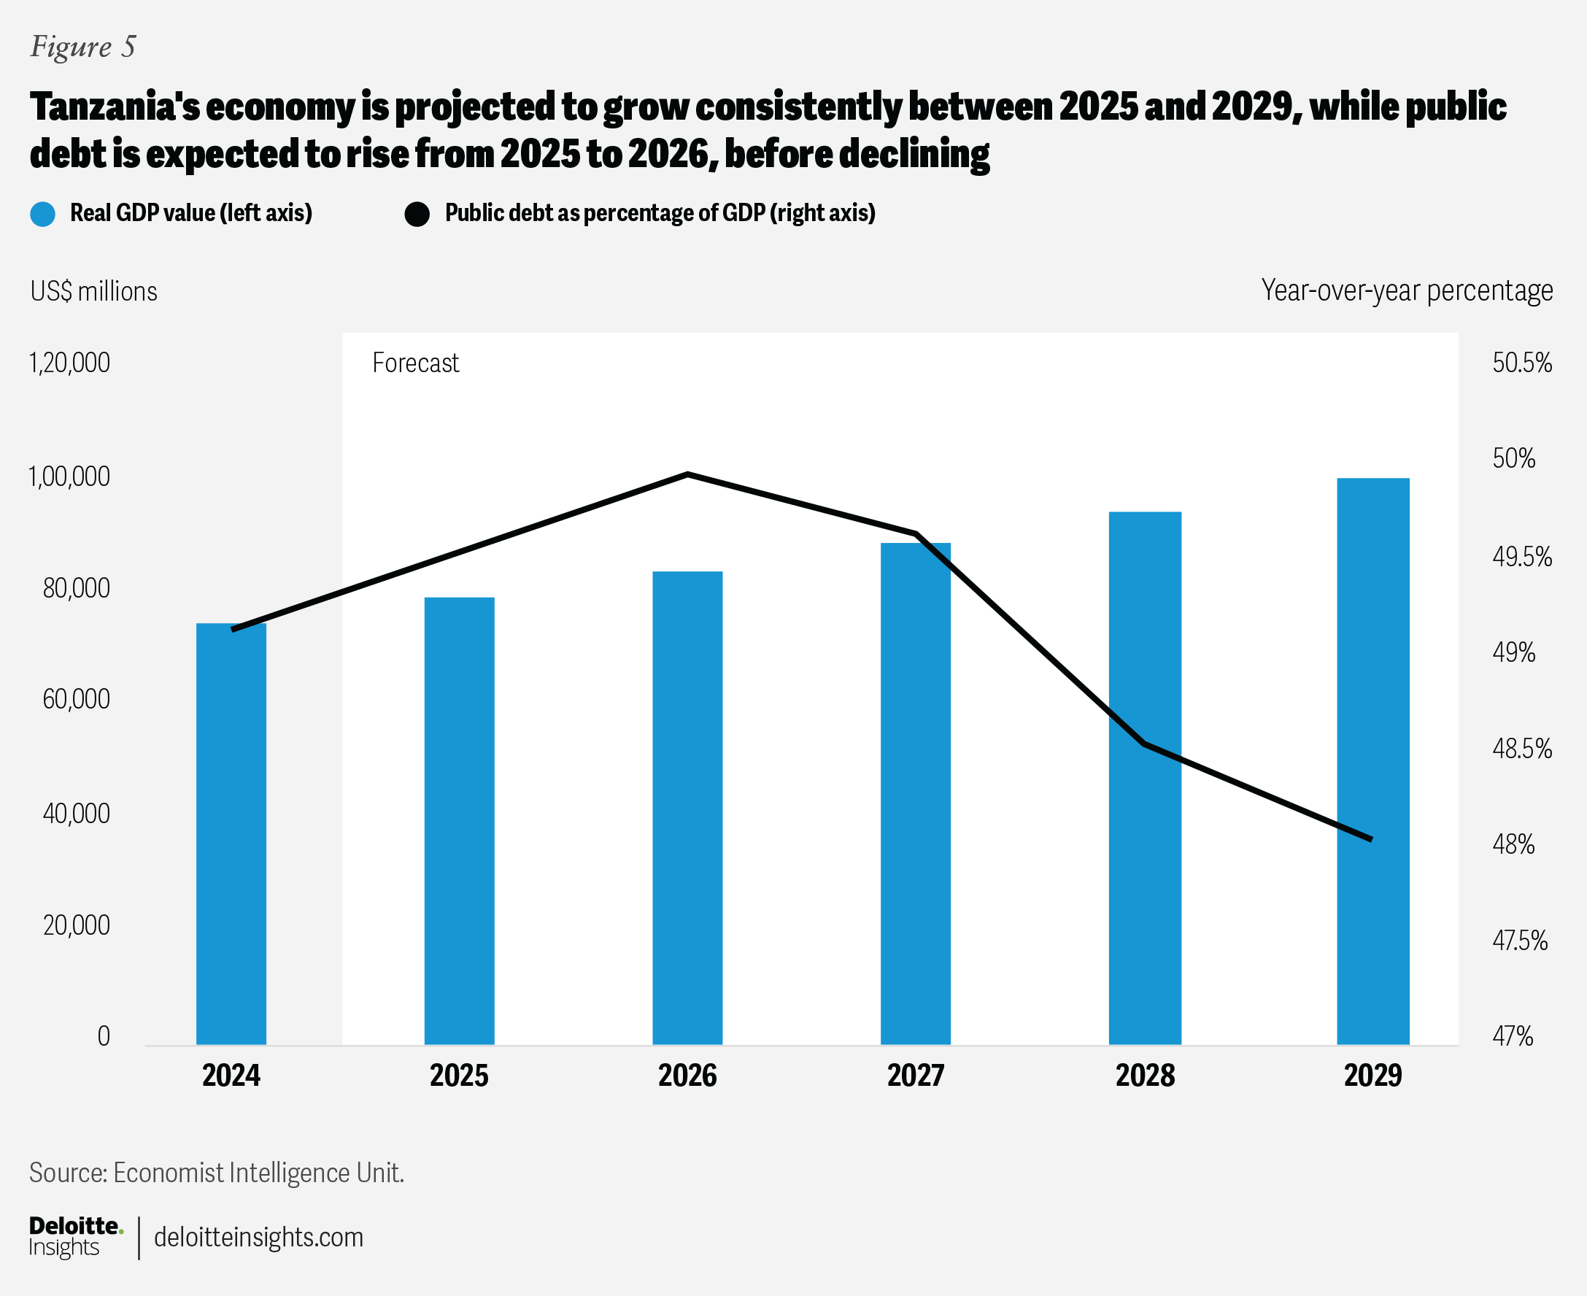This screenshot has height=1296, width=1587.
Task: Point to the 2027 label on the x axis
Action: coord(915,1076)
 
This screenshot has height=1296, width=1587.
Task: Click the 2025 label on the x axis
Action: coord(458,1076)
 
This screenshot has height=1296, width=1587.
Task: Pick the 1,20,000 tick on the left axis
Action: coord(69,363)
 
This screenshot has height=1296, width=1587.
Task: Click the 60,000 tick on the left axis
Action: coord(76,700)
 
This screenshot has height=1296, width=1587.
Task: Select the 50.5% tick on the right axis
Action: coord(1521,363)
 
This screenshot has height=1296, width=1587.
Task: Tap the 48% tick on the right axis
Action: coord(1513,844)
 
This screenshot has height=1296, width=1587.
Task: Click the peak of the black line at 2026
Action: coord(687,474)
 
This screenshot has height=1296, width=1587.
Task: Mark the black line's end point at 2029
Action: coord(1371,840)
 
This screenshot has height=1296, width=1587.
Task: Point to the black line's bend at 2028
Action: coord(1143,744)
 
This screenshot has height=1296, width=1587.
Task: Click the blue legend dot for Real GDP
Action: coord(42,214)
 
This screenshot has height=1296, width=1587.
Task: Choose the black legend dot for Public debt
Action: coord(417,214)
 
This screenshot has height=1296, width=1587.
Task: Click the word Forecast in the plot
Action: coord(415,363)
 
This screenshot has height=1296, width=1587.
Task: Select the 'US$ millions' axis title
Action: coord(94,291)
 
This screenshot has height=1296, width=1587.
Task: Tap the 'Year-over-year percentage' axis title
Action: coord(1406,290)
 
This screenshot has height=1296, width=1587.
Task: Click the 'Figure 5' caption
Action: coord(83,46)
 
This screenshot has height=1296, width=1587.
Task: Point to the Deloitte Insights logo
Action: coord(74,1236)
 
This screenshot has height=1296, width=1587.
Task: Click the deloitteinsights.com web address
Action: coord(258,1237)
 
